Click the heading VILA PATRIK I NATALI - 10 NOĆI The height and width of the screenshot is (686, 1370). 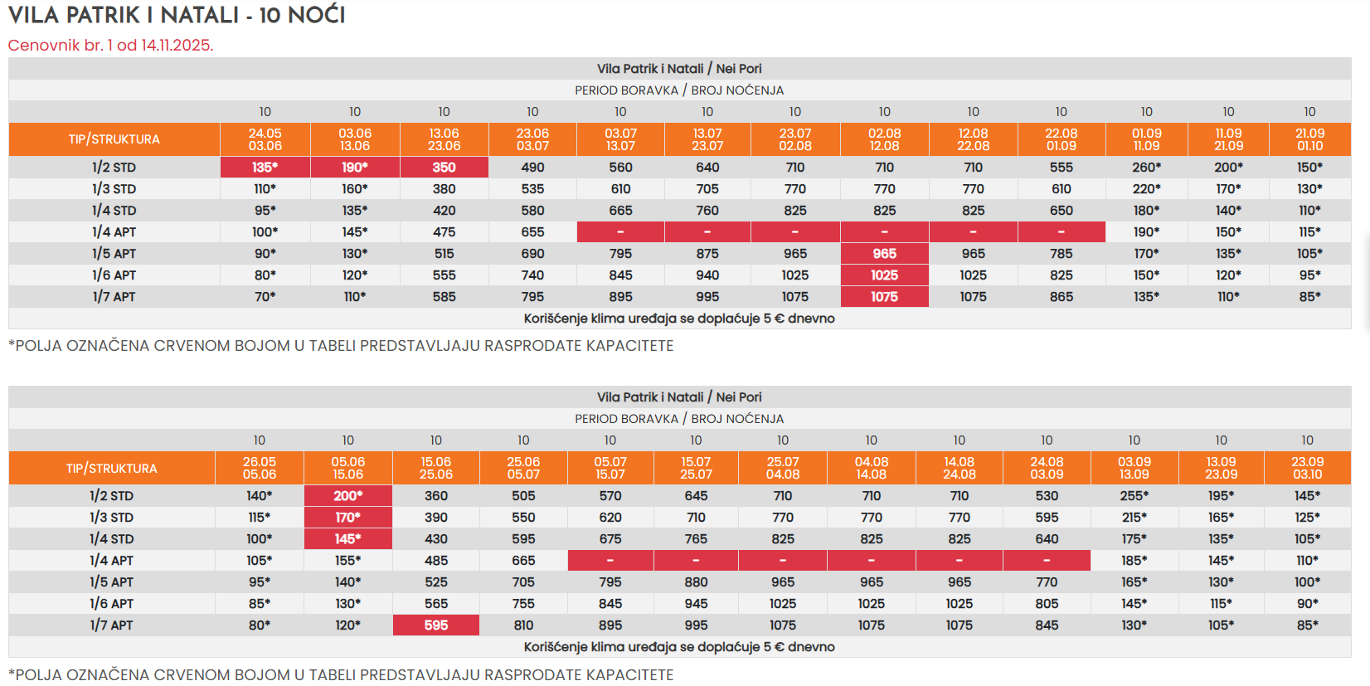[177, 15]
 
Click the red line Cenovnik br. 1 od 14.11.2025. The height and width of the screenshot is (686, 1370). [110, 45]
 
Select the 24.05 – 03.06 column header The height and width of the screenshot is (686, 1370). [265, 139]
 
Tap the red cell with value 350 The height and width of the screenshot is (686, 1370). [444, 168]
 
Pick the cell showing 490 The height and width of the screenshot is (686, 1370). [532, 168]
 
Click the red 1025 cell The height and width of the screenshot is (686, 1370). [884, 275]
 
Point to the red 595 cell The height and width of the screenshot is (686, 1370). [436, 625]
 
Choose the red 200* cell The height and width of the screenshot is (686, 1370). [347, 496]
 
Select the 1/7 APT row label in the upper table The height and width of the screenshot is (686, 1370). [114, 297]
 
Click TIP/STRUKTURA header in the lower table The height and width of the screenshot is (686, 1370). [111, 469]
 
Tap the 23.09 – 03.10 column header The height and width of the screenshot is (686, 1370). [1307, 469]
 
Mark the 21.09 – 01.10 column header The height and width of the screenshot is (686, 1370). [1309, 139]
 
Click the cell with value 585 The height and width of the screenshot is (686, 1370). [444, 297]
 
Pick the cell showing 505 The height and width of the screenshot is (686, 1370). [523, 496]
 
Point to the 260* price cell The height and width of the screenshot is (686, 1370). [1146, 168]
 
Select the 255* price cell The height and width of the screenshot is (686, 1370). [1134, 496]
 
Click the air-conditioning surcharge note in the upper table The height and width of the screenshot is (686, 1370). [678, 319]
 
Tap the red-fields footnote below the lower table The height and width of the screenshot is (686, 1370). [341, 674]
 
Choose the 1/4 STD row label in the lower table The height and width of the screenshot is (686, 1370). [111, 539]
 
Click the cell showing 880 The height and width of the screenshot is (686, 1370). [696, 582]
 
